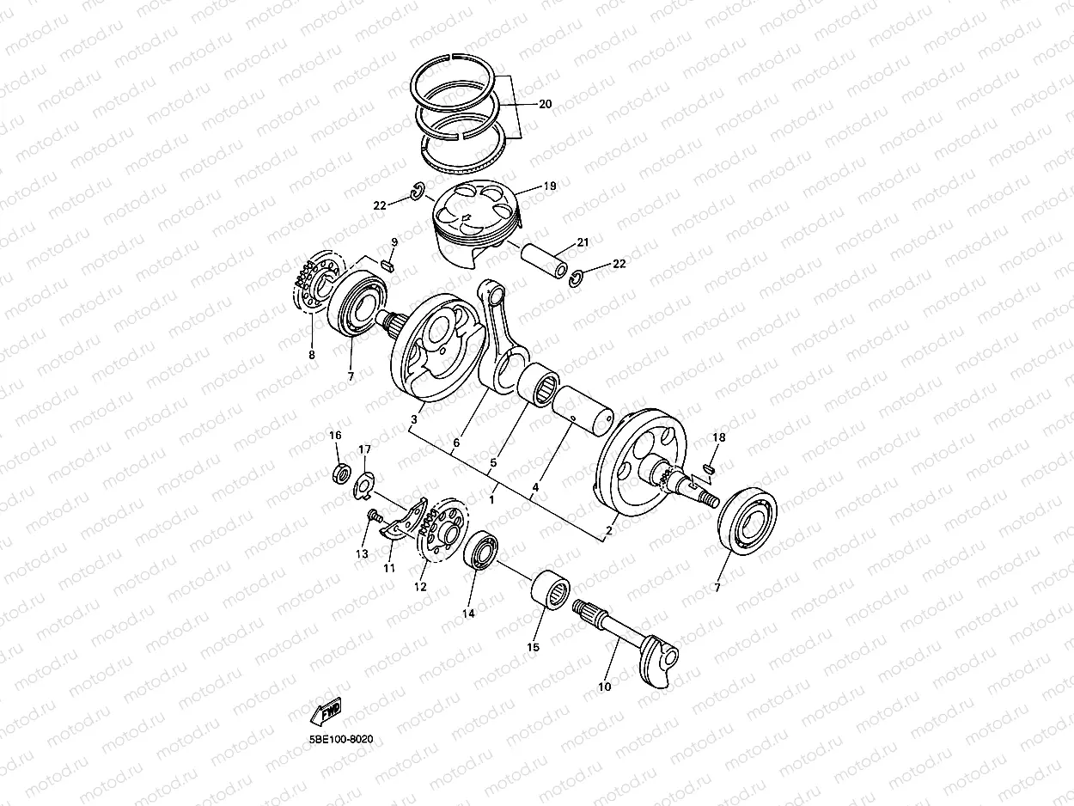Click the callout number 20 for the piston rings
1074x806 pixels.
[545, 104]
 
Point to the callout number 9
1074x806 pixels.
[394, 243]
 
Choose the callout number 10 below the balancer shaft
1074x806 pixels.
[604, 687]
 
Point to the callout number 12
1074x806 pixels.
[420, 587]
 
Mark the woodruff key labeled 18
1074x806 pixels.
[710, 468]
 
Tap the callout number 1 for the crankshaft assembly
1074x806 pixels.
[492, 498]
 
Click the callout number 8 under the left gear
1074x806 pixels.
[312, 354]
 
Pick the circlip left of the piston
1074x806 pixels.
[417, 193]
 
